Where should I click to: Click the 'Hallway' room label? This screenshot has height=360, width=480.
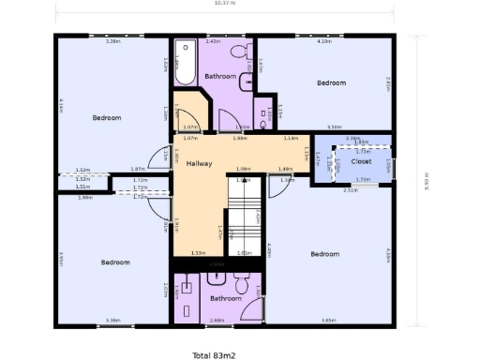[199, 164]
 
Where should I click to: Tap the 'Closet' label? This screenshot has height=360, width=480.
[361, 162]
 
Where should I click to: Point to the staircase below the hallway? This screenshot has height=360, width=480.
[246, 216]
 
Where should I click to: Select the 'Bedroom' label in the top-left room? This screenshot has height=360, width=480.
[106, 117]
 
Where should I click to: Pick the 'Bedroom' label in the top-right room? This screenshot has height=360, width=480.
[331, 82]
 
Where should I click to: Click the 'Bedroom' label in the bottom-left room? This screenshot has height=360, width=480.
[115, 262]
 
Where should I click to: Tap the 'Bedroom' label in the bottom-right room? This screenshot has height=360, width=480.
[324, 254]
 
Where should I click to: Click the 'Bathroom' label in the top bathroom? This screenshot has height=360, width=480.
[220, 76]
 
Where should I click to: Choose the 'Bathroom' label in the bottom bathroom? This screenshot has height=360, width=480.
[225, 299]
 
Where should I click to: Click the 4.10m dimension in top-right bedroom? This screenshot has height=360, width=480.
[324, 41]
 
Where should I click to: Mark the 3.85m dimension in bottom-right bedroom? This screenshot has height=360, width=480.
[328, 321]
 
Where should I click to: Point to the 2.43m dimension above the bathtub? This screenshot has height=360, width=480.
[213, 41]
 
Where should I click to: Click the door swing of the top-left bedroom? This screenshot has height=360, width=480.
[160, 157]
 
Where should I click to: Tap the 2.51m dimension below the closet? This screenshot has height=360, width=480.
[350, 190]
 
